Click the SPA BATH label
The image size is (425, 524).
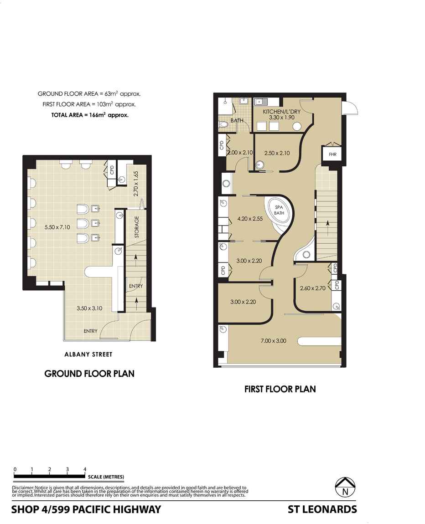click(279, 210)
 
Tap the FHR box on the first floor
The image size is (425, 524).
click(332, 154)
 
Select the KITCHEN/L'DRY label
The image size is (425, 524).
click(281, 112)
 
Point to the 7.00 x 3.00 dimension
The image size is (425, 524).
click(273, 341)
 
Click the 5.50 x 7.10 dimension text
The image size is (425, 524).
click(57, 227)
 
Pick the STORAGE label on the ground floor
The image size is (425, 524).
click(136, 227)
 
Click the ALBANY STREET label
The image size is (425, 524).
click(88, 354)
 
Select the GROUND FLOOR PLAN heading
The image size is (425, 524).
click(89, 374)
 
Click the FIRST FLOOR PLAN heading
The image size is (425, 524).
click(280, 389)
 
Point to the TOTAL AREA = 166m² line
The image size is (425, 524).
click(90, 115)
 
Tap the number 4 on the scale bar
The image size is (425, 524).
click(85, 469)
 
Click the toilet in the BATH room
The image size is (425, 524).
click(224, 125)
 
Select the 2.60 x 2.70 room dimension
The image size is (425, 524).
click(313, 288)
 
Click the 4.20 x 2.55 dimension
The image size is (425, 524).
click(250, 219)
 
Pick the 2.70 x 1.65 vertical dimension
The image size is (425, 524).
click(135, 184)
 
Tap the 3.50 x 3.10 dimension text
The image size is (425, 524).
click(89, 308)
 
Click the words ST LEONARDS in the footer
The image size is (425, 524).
click(322, 509)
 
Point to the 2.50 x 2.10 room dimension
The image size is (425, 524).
click(277, 153)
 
